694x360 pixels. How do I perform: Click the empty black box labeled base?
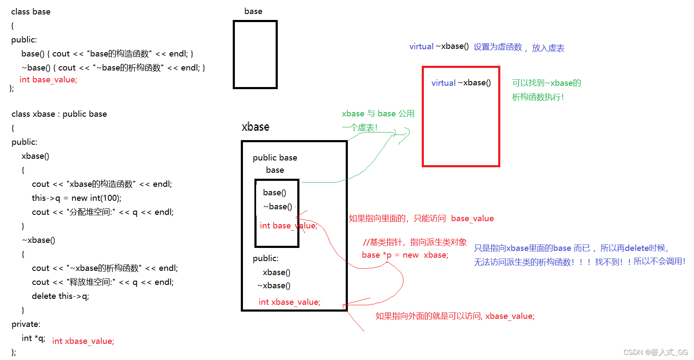coord(255,54)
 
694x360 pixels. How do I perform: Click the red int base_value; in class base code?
coord(48,80)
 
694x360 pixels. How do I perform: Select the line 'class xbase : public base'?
coord(59,114)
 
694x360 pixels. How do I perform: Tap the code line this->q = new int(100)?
coord(76,198)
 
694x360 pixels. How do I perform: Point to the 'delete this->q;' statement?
coord(60,296)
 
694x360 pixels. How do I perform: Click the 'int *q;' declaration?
coord(34,338)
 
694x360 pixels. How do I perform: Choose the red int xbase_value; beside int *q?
coord(83,341)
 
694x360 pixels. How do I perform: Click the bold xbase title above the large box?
coord(255,127)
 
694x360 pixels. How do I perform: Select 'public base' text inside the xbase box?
coord(275,157)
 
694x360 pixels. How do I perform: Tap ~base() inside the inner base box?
coord(278,206)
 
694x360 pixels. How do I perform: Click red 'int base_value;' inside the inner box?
coord(288,225)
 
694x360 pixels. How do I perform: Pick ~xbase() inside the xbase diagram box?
coord(274,286)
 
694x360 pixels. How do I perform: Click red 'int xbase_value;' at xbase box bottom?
coord(289,302)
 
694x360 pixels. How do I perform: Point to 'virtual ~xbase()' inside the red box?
coord(461,83)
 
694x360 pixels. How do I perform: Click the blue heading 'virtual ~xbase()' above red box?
coord(439,46)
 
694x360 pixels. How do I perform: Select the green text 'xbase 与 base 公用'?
coord(378,113)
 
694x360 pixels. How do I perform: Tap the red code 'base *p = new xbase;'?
coord(405,255)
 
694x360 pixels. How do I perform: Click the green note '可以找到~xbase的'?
coord(546,83)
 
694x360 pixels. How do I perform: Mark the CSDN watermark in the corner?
coord(655,352)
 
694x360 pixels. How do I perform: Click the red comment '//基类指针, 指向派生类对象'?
coord(415,242)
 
